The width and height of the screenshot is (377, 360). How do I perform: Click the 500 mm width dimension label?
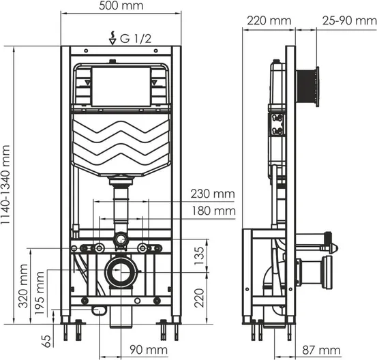point(121,5)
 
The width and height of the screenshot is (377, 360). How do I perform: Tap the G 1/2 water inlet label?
point(136,38)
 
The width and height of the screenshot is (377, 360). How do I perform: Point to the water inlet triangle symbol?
point(112,42)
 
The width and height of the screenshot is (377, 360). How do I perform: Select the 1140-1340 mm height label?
point(5,185)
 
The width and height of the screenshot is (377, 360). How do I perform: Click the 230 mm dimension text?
point(213,194)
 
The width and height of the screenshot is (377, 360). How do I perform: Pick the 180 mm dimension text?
point(213,211)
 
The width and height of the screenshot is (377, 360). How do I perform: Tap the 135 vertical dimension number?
point(199,256)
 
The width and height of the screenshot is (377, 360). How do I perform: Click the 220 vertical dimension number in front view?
point(199,298)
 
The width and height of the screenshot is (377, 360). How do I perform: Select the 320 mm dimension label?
point(24,286)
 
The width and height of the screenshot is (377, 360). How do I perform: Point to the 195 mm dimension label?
point(40,293)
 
